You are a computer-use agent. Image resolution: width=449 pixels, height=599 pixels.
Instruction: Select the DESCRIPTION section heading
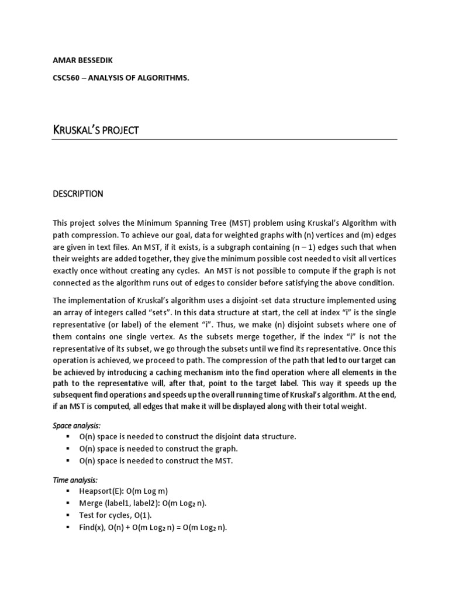tap(78, 193)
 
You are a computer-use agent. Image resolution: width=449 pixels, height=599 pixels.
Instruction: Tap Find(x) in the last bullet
tap(92, 527)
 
